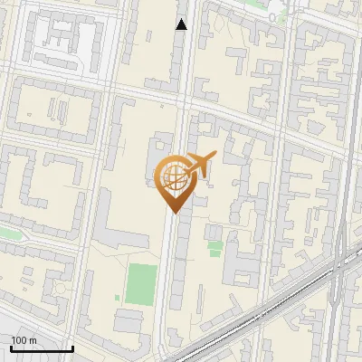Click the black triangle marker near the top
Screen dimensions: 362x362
182,24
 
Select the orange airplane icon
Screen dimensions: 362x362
199,166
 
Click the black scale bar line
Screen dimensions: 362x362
42,348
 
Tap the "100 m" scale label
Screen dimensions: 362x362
24,340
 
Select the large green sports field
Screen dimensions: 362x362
141,283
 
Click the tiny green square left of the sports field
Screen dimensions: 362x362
118,300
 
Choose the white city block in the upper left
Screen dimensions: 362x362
68,41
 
